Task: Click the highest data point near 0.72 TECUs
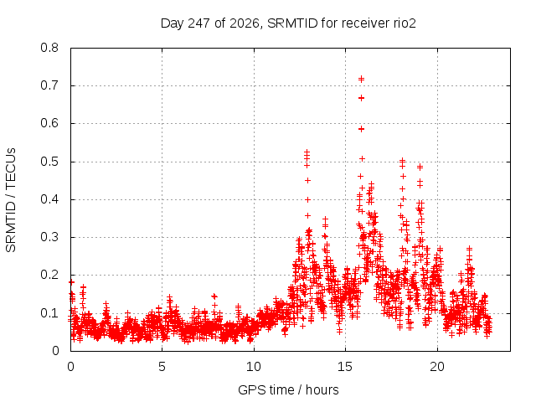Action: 361,80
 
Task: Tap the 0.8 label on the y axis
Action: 49,48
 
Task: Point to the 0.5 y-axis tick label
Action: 49,162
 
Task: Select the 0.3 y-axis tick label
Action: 49,237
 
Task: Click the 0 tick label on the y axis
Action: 56,351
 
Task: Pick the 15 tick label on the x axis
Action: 345,367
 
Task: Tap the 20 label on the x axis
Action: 437,367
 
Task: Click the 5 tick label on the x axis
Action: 162,367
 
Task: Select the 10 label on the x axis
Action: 254,367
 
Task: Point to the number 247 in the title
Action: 199,23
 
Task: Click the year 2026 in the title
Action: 244,23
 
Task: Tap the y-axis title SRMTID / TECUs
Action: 11,200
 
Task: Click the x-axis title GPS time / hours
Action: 288,389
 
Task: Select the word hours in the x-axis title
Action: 322,389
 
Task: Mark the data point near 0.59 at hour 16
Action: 361,129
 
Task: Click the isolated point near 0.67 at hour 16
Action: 361,98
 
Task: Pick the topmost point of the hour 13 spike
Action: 307,152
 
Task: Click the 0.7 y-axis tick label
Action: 49,85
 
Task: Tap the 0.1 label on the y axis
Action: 49,312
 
